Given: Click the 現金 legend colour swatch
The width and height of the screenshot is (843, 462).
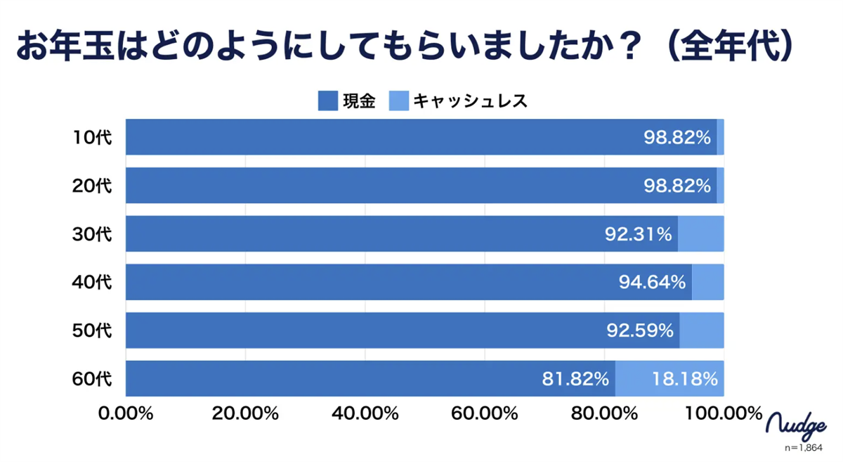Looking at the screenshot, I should (x=328, y=101).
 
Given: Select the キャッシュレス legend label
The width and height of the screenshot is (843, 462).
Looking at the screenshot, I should (x=470, y=101).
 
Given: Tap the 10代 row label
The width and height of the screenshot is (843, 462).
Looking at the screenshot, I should (x=92, y=138).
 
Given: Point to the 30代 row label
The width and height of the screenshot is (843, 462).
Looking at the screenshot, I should (x=92, y=234).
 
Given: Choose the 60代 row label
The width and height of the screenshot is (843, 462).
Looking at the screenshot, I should (x=92, y=379).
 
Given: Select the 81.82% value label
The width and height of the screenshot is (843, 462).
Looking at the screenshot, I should (x=575, y=379).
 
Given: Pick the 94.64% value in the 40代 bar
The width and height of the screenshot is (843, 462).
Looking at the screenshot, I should (x=652, y=283).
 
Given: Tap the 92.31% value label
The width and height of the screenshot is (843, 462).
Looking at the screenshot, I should (x=638, y=234).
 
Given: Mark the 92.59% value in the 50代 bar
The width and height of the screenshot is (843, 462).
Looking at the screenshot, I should (x=640, y=331).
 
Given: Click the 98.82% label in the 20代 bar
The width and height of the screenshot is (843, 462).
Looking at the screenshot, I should (x=677, y=186).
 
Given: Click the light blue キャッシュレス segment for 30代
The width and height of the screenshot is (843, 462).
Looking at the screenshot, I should (x=700, y=234).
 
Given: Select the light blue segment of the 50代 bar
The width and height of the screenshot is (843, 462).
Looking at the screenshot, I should (x=701, y=331).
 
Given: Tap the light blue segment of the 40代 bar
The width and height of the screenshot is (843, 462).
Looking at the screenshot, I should (x=707, y=283).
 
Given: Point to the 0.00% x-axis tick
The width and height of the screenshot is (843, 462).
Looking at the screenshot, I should (x=126, y=413).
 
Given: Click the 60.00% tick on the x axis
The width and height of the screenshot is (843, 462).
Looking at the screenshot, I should (x=485, y=413).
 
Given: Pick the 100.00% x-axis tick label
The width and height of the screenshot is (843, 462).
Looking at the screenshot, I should (x=724, y=413).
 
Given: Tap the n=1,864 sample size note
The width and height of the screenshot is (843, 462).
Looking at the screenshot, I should (x=803, y=447).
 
